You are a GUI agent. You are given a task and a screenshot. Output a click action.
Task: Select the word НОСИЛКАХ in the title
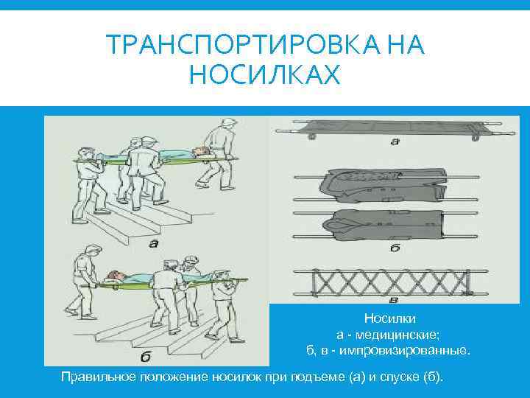pyautogui.click(x=265, y=74)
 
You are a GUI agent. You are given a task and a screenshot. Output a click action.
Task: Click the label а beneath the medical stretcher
pyautogui.click(x=395, y=141)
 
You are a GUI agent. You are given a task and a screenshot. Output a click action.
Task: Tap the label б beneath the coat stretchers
pyautogui.click(x=395, y=248)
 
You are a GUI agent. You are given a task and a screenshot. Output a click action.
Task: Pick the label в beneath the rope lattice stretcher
pyautogui.click(x=395, y=299)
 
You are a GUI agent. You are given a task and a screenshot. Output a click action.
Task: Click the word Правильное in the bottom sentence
pyautogui.click(x=95, y=377)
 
